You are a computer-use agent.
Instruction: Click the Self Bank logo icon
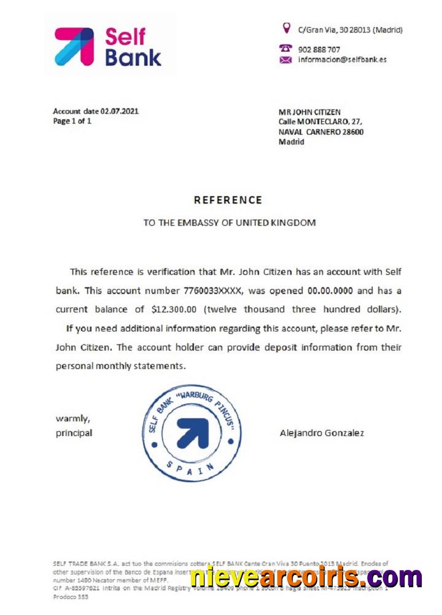(74, 46)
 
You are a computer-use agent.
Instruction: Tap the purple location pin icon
(285, 28)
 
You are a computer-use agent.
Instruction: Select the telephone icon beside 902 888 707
(285, 48)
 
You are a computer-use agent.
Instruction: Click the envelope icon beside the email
(285, 60)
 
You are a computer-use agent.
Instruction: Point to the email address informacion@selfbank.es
(342, 60)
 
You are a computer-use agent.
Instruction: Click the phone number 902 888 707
(319, 49)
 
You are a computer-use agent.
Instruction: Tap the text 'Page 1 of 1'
(72, 121)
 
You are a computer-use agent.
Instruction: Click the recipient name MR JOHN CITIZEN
(310, 112)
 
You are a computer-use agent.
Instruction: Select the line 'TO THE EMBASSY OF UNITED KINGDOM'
(230, 223)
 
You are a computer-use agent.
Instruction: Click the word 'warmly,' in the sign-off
(73, 419)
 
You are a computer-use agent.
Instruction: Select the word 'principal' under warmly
(74, 433)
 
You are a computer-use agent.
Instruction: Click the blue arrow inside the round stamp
(192, 432)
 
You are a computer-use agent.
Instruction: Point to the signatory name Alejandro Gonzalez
(322, 433)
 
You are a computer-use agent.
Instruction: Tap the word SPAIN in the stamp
(191, 469)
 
